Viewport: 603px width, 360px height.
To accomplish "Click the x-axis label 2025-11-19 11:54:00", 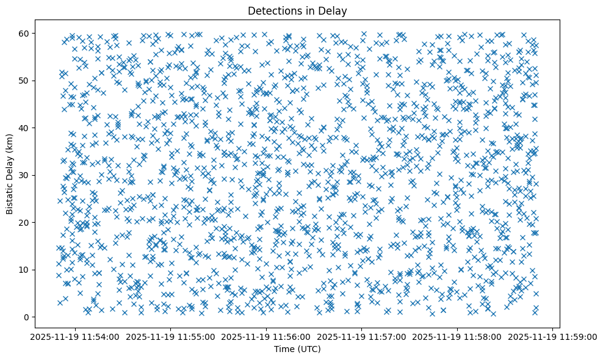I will [x=75, y=336].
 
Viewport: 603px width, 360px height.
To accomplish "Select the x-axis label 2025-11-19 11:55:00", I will [x=171, y=336].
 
